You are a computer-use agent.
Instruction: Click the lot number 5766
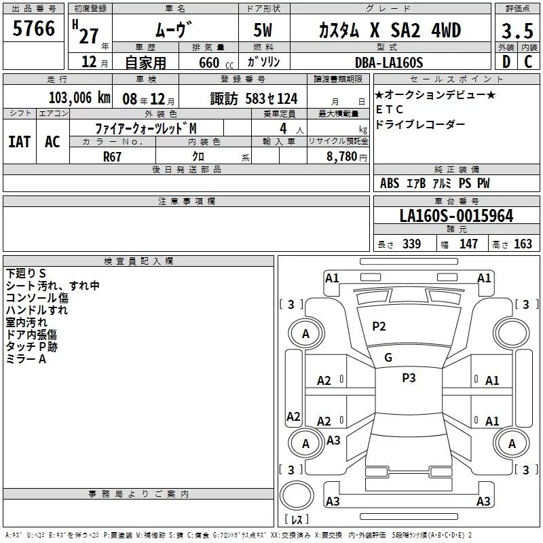[x=33, y=29]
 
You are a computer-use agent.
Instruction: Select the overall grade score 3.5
[x=517, y=31]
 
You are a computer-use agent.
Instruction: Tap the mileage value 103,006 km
[x=79, y=98]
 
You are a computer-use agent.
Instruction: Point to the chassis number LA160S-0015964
[x=456, y=216]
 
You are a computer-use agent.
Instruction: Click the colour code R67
[x=112, y=157]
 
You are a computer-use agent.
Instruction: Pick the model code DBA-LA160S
[x=389, y=62]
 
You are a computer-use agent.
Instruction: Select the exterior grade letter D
[x=506, y=62]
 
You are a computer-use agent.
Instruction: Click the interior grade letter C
[x=528, y=62]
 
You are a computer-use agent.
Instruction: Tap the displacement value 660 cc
[x=216, y=63]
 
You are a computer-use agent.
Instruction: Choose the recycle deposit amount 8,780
[x=342, y=157]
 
